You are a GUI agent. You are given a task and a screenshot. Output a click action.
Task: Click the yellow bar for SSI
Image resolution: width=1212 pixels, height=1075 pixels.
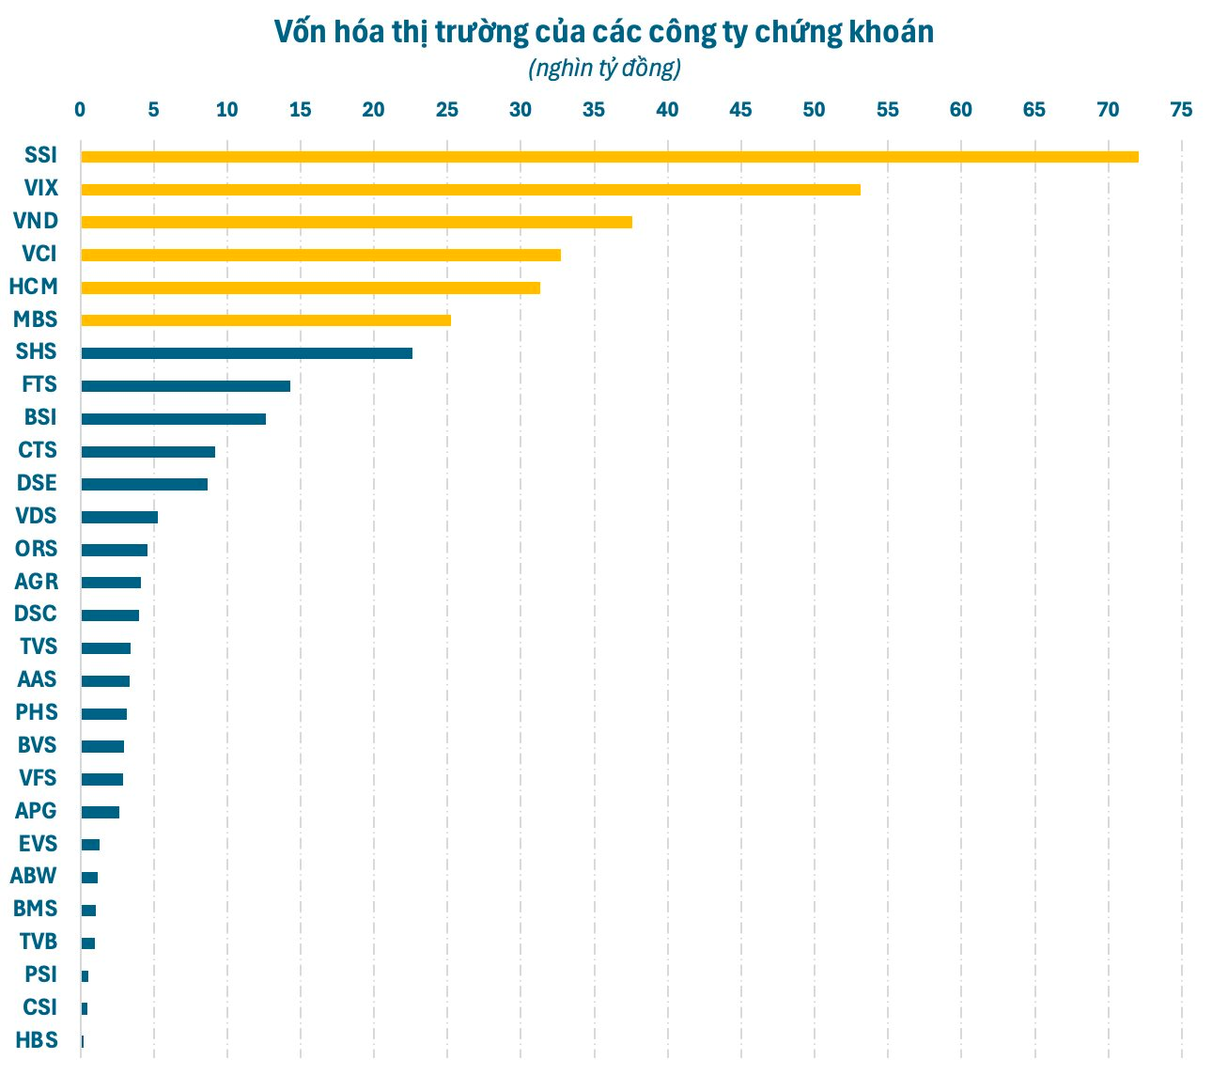coord(609,157)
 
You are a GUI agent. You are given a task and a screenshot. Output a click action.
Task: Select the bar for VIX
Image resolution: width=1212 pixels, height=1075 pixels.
coord(470,190)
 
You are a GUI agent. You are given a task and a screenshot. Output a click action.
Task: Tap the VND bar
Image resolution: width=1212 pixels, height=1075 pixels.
coord(356,223)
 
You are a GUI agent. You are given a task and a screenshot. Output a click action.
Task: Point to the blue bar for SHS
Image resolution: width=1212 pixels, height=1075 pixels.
coord(246,353)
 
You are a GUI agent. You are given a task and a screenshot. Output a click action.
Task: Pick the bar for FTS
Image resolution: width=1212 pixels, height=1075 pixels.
coord(185,386)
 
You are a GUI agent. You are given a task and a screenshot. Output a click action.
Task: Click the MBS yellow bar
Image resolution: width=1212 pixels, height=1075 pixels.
coord(265,320)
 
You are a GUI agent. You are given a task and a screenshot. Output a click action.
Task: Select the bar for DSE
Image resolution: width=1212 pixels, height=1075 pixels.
coord(144,484)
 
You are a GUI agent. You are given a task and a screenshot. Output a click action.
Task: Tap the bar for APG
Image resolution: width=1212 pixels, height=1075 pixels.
coord(100,812)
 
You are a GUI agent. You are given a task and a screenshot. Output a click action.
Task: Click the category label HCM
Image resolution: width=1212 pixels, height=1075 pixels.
coord(33,287)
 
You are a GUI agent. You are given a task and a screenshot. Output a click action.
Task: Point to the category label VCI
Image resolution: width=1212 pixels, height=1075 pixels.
coord(39,254)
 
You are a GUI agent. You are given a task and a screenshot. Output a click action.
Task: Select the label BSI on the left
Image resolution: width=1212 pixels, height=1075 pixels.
coord(40,417)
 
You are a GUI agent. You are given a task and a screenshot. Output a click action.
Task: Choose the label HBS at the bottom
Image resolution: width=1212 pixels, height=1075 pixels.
coord(37,1040)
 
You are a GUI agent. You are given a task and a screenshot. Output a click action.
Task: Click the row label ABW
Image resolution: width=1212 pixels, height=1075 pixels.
coord(34,876)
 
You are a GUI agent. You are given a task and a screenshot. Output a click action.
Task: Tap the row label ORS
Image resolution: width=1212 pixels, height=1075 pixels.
coord(36,549)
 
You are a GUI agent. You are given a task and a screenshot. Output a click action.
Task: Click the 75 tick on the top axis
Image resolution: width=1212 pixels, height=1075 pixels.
coord(1181,110)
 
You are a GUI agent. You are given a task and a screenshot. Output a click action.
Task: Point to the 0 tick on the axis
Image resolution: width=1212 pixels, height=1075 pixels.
coord(81,110)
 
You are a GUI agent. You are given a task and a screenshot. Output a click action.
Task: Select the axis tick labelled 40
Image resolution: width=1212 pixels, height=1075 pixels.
coord(667,110)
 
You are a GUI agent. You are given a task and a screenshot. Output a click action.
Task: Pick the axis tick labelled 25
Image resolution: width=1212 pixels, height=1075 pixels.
coord(447,110)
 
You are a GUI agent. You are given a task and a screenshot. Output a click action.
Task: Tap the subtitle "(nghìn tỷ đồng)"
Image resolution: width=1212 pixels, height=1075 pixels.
coord(604,69)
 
